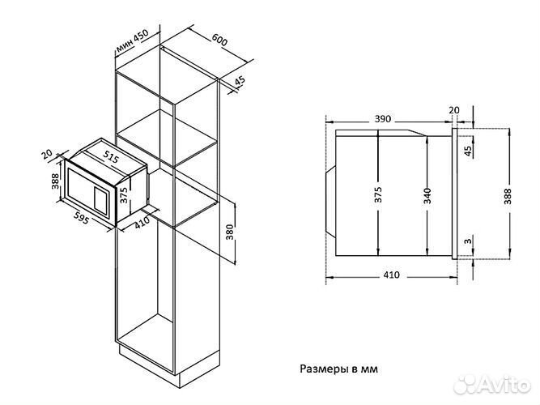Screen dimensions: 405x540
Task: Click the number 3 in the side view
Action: (468, 241)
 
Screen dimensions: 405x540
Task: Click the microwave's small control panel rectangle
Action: (100, 200)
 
